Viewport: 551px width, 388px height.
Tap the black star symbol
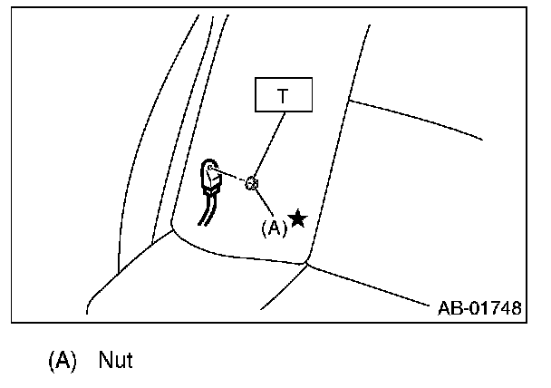(296, 218)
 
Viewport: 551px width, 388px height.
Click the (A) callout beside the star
(273, 228)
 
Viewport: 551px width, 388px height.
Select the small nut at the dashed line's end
(253, 184)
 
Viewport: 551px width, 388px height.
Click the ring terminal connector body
(213, 178)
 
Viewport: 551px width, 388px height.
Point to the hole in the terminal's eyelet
(210, 168)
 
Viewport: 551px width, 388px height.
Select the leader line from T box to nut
(268, 145)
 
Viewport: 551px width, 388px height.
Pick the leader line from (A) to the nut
(262, 204)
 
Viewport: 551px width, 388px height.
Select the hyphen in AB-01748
(462, 308)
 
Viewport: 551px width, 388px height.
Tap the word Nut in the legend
(116, 360)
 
